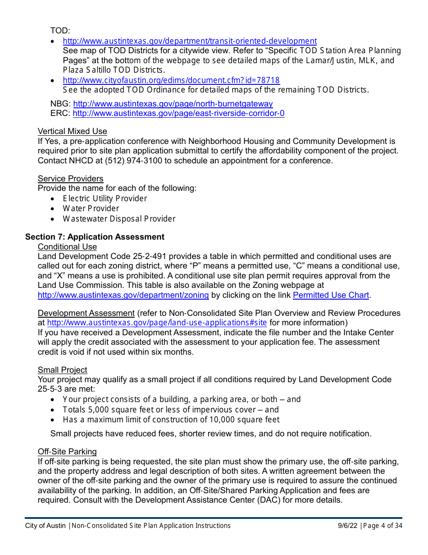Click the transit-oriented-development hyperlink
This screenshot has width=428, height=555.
[190, 41]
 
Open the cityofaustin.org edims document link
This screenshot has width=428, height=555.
[171, 80]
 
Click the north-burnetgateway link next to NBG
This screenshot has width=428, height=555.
[173, 104]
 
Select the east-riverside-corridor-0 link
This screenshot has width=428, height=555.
[178, 113]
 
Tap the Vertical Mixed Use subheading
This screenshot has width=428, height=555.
[72, 131]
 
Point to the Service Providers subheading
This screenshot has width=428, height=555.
[70, 179]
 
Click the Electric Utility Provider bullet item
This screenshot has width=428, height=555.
[105, 199]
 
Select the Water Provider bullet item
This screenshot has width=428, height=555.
[91, 208]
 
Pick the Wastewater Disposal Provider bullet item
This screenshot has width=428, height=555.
[119, 219]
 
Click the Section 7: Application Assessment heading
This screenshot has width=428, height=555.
[95, 237]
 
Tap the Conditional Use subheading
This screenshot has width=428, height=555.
[67, 247]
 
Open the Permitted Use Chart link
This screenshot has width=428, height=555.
[331, 295]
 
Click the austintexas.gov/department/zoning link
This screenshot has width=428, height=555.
[123, 295]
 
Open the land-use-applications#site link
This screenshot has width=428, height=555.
[157, 323]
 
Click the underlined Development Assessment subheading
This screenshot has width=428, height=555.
[86, 313]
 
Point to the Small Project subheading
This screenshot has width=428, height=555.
[62, 370]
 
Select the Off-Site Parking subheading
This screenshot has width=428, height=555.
[67, 452]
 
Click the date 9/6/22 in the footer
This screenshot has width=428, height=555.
[347, 526]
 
